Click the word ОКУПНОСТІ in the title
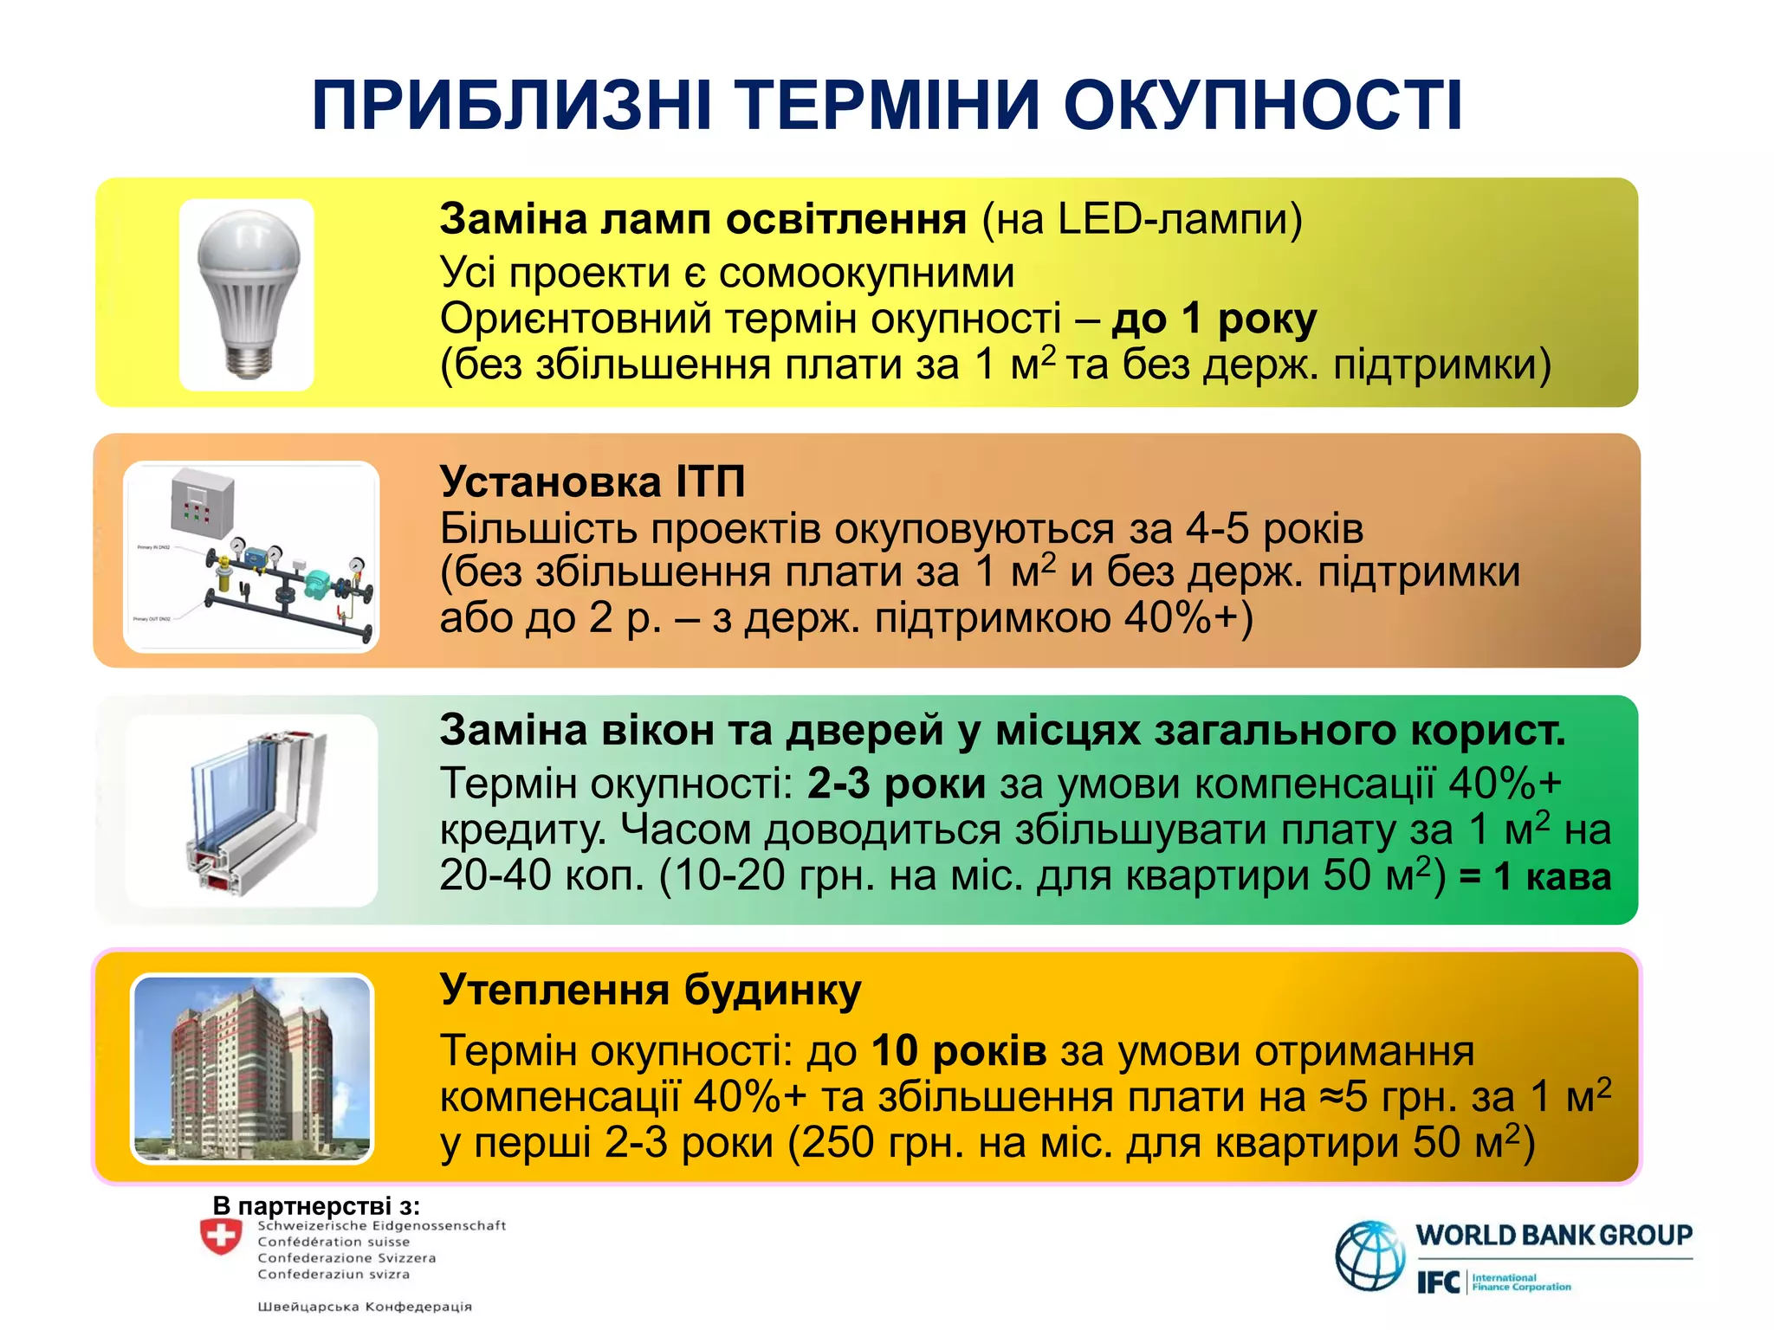point(1262,106)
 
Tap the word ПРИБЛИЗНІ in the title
point(512,106)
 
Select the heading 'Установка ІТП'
point(592,481)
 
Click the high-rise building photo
point(252,1069)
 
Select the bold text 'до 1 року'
point(1214,319)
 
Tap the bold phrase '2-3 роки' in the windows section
point(896,784)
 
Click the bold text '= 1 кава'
point(1535,876)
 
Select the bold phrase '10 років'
point(959,1051)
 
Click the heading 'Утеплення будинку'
point(651,989)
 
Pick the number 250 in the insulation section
point(836,1143)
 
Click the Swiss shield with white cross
point(221,1236)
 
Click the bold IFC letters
point(1438,1282)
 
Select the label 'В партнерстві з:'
point(316,1205)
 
